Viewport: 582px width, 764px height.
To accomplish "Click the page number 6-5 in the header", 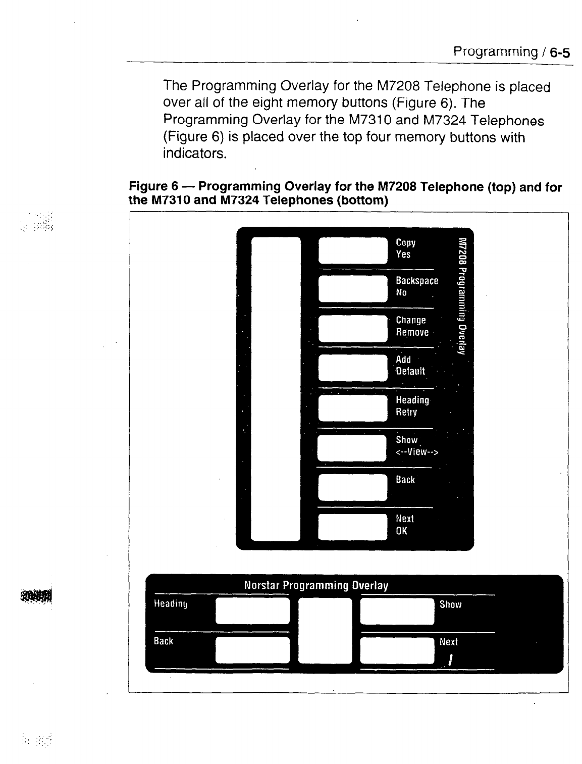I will click(559, 52).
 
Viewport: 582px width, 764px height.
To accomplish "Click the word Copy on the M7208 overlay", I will click(405, 243).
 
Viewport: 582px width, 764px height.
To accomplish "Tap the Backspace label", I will click(417, 281).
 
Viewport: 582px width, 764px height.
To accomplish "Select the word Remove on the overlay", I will click(412, 332).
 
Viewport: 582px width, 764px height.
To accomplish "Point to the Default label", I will click(410, 371).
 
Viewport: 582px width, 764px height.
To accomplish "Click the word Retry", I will click(406, 412).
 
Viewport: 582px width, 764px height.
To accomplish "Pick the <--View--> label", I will click(417, 452).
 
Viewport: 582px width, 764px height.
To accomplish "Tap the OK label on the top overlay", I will click(401, 531).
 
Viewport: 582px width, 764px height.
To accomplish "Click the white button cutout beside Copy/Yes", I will click(353, 250).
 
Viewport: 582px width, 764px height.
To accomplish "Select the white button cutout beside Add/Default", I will click(353, 368).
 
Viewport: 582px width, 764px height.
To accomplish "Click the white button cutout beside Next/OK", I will click(353, 527).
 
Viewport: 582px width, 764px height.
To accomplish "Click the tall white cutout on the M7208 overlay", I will click(276, 388).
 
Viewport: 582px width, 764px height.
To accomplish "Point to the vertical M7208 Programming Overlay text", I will click(461, 295).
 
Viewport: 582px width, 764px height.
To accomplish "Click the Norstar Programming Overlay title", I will click(316, 586).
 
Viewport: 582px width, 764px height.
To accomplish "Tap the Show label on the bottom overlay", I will click(450, 604).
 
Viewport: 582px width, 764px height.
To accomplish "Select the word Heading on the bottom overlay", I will click(171, 604).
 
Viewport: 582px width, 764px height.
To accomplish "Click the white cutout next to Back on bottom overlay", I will click(252, 650).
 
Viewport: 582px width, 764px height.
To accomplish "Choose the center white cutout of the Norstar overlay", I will click(325, 630).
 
